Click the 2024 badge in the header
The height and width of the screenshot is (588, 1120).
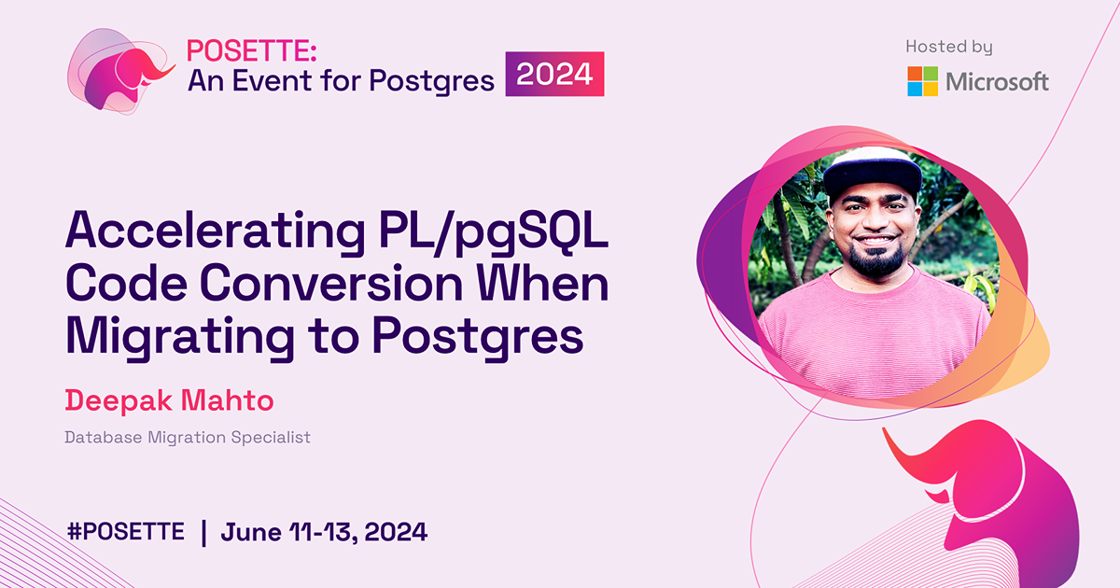click(x=555, y=75)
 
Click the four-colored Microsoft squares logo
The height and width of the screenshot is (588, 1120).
click(x=922, y=81)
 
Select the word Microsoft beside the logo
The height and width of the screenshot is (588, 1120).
click(x=997, y=81)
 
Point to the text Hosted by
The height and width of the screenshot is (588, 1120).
click(x=948, y=46)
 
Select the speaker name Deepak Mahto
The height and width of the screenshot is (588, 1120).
click(x=169, y=401)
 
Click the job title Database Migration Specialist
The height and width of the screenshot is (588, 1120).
click(x=187, y=437)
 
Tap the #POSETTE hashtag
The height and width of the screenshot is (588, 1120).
click(x=126, y=532)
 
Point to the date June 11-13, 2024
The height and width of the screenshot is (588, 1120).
click(x=324, y=532)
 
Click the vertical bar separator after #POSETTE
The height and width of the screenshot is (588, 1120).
click(x=203, y=532)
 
